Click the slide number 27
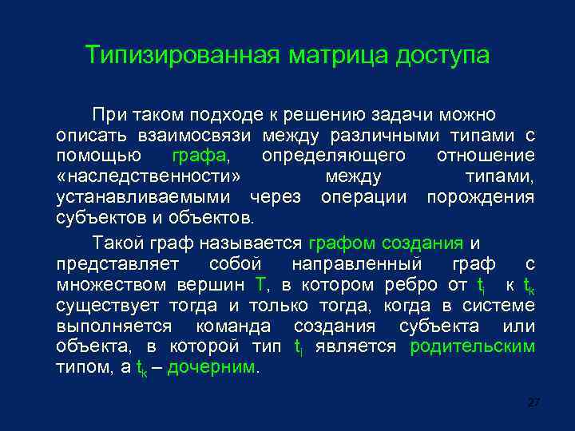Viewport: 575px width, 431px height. pyautogui.click(x=534, y=403)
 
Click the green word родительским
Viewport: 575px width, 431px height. pyautogui.click(x=472, y=347)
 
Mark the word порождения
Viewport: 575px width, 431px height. pyautogui.click(x=480, y=196)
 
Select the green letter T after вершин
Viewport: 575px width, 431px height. pyautogui.click(x=260, y=285)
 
